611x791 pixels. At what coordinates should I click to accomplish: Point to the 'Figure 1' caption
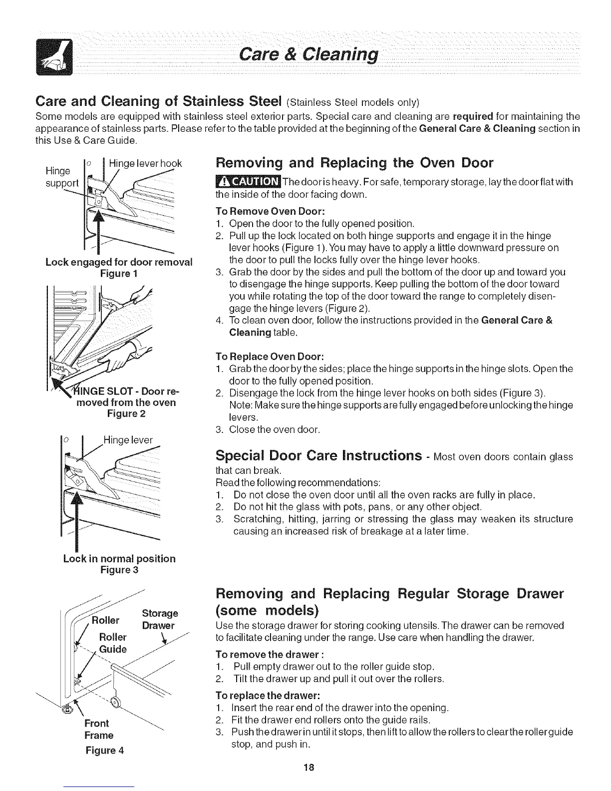point(119,274)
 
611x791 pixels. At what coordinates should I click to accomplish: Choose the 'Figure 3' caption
point(119,570)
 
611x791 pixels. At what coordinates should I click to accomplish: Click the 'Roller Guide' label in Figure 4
point(113,643)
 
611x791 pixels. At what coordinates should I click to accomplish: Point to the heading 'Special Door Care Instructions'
point(319,456)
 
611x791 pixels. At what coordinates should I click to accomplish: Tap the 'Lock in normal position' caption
point(119,558)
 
